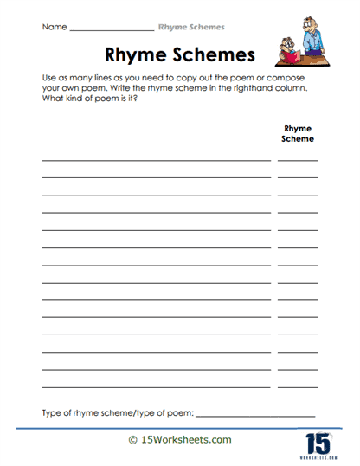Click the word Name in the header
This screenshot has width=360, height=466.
click(x=54, y=27)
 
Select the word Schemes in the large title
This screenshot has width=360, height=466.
click(x=214, y=55)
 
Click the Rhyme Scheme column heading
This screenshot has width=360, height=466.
click(x=298, y=132)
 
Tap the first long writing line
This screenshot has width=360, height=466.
click(x=156, y=161)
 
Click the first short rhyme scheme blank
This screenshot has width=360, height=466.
click(x=298, y=161)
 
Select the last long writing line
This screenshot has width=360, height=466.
click(x=156, y=386)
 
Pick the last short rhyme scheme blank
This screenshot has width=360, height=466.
click(x=298, y=386)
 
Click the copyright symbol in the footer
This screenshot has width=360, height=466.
click(x=132, y=440)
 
